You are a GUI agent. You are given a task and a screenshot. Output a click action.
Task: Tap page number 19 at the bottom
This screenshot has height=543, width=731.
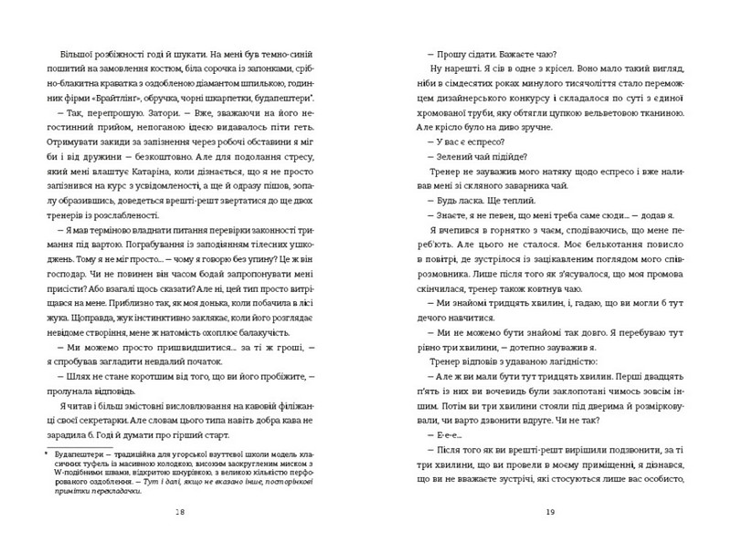(x=550, y=514)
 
